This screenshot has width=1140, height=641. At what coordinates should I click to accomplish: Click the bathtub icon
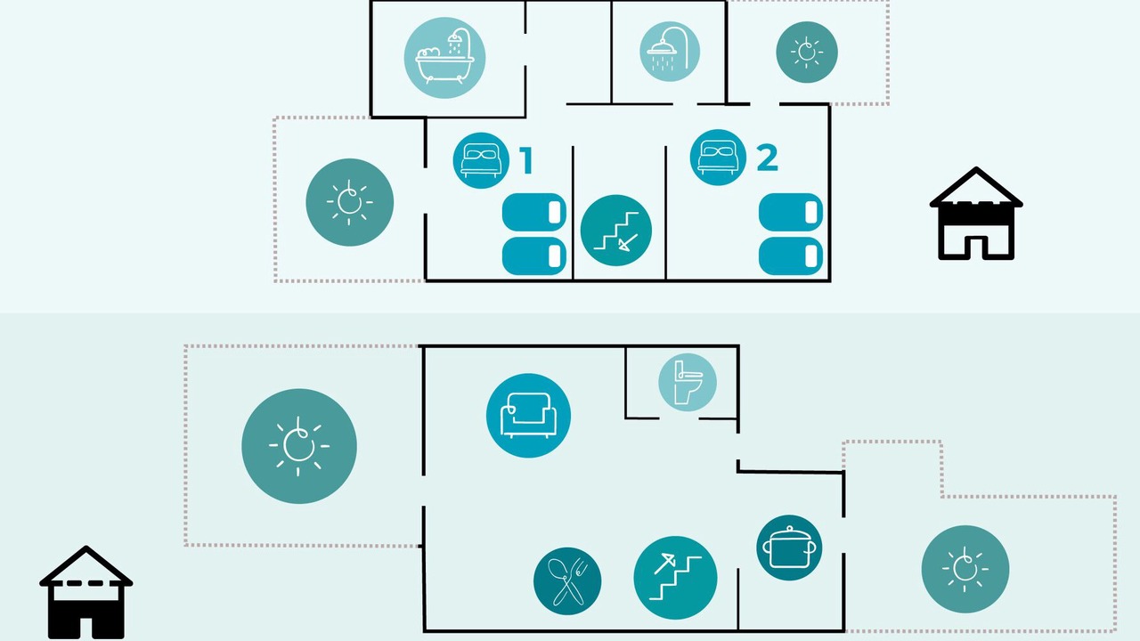coord(444,58)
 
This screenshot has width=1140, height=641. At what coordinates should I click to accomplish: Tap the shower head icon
coord(669,52)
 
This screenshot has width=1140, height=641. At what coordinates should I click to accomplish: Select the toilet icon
coord(688,382)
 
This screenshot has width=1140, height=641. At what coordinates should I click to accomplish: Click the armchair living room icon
coord(528,416)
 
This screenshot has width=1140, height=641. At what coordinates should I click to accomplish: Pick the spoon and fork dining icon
coord(567,581)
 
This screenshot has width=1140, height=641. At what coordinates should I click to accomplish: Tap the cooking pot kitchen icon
coord(789,548)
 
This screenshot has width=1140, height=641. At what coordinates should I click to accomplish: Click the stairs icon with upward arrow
coord(675,578)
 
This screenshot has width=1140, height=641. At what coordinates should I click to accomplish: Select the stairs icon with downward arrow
coord(616,231)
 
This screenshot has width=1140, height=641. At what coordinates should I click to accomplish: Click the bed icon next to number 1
coord(481,161)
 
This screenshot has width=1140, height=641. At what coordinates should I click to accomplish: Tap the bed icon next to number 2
coord(718,158)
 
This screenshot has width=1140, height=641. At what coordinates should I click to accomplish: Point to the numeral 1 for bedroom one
coord(526,160)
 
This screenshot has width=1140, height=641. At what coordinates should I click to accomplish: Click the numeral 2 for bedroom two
coord(768,158)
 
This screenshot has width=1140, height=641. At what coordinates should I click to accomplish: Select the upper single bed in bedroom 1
coord(534,212)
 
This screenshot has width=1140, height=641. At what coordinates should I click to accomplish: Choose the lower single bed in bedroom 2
coord(791,256)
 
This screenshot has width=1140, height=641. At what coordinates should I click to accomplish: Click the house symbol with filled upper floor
coord(976,214)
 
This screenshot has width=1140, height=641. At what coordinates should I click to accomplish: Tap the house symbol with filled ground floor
coord(86,593)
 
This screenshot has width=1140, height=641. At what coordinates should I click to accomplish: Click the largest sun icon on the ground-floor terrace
coord(299,446)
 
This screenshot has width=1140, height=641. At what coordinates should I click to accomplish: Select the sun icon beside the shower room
coord(807,52)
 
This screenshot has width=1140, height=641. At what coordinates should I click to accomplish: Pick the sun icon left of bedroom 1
coord(350,202)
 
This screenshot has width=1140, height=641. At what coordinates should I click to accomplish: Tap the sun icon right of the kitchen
coord(965,569)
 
